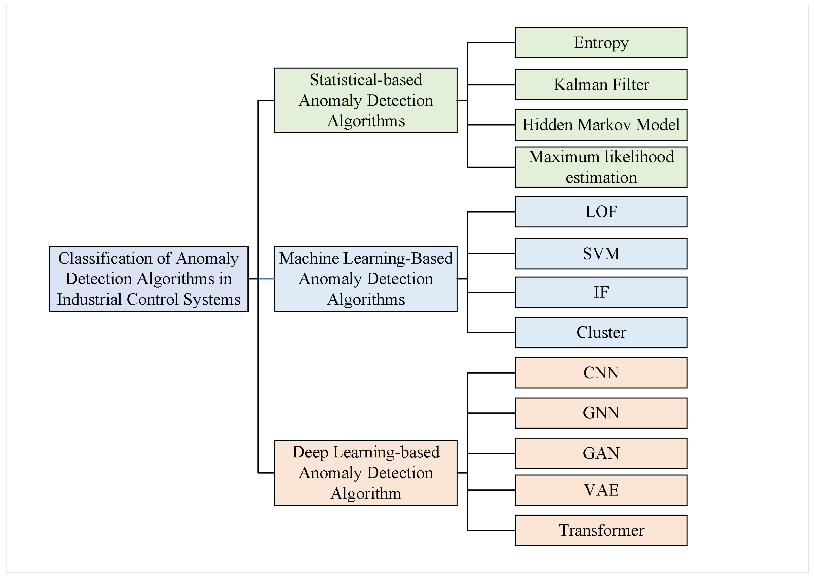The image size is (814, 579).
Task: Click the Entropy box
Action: (601, 42)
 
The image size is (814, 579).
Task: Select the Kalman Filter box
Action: (601, 84)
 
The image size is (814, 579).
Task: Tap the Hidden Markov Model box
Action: (601, 125)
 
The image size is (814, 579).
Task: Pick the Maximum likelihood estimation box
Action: (601, 167)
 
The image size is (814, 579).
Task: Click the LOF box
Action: (601, 212)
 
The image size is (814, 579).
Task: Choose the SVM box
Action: (601, 254)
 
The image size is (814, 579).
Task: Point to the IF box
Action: (601, 292)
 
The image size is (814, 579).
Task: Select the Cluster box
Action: (601, 332)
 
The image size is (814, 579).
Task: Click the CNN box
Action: (601, 373)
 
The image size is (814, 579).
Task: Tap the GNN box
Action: (601, 413)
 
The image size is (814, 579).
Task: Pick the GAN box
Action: (601, 453)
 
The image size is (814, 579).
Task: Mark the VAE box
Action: (601, 490)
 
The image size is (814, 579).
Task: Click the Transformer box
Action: (601, 530)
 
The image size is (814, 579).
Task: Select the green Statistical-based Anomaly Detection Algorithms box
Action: (366, 100)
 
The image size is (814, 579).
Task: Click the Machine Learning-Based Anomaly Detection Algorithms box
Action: (366, 279)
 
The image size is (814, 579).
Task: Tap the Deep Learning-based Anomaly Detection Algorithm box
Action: (366, 473)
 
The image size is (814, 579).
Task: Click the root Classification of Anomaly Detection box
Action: (149, 279)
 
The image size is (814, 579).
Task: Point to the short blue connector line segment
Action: (266, 279)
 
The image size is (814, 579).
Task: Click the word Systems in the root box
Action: (212, 300)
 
